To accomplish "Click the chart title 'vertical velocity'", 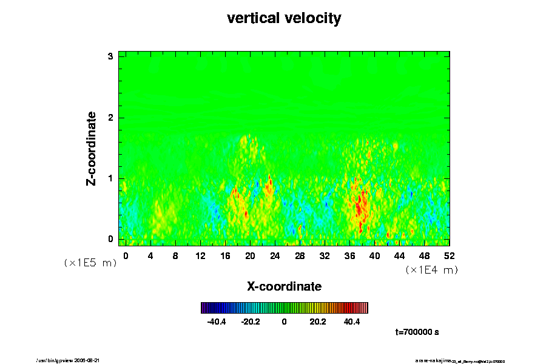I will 284,18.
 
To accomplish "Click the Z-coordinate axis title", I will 92,148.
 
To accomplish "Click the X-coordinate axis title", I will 284,286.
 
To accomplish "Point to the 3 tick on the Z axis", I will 110,56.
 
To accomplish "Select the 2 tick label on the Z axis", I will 110,117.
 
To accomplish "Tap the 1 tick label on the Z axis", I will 110,178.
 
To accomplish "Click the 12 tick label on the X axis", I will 200,255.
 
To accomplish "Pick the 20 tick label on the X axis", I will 250,255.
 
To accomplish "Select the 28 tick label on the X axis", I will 300,255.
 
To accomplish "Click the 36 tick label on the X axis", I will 349,255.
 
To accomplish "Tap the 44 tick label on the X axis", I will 399,255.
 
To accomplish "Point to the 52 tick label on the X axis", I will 449,255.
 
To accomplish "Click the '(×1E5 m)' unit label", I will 90,263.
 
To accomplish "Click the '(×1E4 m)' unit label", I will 431,270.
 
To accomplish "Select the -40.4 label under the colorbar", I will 217,322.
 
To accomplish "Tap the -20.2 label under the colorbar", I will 251,322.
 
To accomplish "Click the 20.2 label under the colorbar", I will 318,322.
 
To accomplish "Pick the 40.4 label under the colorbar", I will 352,322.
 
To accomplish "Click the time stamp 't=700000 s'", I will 417,332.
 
